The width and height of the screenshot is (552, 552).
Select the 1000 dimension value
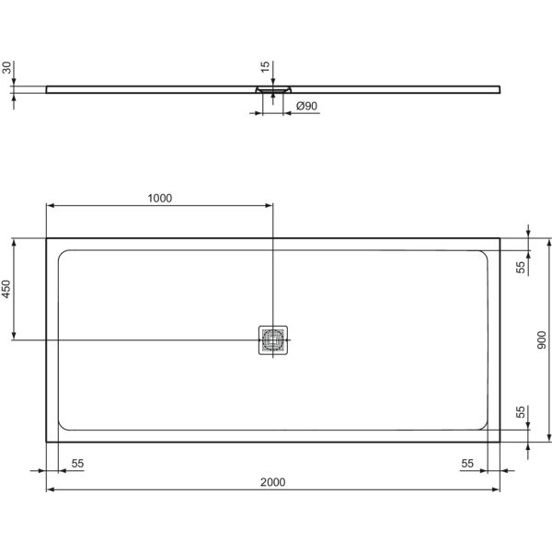(x=159, y=198)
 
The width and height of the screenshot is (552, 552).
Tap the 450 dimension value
(x=6, y=289)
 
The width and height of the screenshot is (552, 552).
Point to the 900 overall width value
(x=543, y=339)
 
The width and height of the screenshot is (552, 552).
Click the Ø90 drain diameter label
(x=306, y=107)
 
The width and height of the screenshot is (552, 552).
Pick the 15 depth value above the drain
(x=265, y=68)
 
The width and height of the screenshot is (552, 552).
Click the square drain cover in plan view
(x=273, y=339)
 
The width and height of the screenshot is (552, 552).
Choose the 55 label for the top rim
(x=520, y=268)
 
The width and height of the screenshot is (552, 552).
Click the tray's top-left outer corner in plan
(x=46, y=238)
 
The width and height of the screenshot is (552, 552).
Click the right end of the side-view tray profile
(x=500, y=88)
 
